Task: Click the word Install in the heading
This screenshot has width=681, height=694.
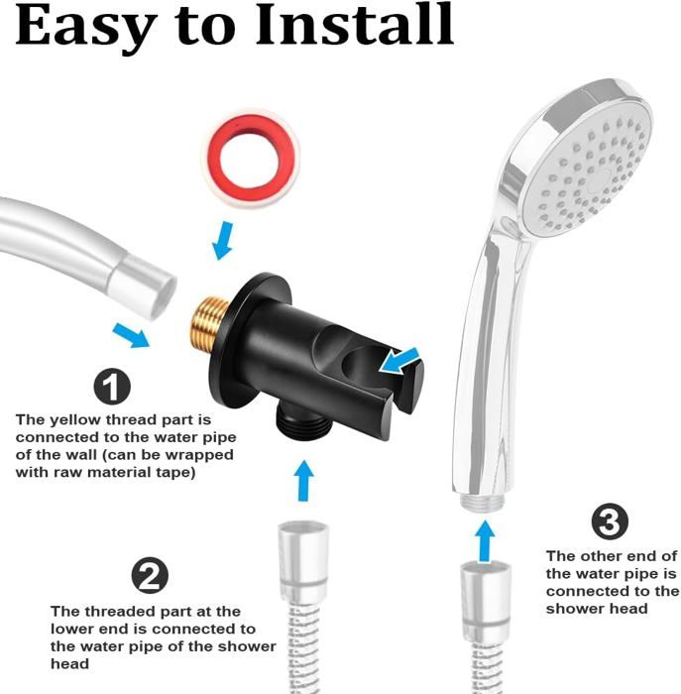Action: (x=355, y=25)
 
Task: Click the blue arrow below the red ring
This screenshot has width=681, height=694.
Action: (x=223, y=241)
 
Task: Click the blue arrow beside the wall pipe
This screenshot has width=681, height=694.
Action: (x=131, y=335)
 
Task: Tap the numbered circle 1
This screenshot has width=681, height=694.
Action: (x=112, y=387)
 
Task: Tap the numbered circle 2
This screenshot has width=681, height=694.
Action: (x=150, y=575)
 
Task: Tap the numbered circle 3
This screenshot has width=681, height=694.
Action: (x=610, y=521)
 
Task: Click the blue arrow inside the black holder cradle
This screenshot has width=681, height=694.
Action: (x=399, y=359)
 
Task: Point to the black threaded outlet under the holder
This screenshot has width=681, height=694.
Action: (x=304, y=421)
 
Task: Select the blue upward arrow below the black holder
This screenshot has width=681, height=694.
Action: (x=304, y=481)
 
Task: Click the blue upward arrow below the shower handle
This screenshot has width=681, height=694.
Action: (x=486, y=541)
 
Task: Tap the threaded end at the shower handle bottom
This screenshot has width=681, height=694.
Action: (x=482, y=503)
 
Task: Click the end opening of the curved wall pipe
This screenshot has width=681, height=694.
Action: (x=156, y=291)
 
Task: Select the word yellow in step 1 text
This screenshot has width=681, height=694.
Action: (x=74, y=420)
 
